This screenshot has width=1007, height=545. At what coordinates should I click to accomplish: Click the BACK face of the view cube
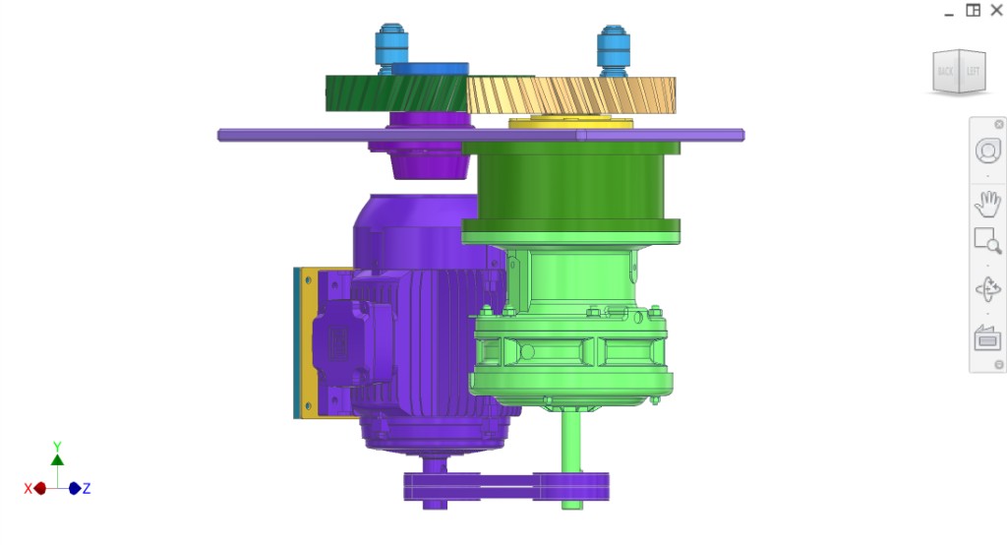coord(946,71)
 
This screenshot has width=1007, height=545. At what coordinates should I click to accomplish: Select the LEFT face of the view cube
coord(973,71)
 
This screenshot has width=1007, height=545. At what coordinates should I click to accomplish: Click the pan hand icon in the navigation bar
coord(987,205)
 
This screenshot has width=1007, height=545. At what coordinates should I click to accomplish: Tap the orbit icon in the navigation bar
coord(987,290)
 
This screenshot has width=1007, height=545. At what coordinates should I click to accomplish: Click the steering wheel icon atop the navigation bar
coord(987,151)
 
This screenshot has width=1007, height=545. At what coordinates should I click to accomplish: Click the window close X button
coord(996,10)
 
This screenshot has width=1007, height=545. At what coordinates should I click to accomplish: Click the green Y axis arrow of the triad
coord(57,457)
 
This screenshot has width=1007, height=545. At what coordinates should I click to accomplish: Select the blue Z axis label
coord(87,488)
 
